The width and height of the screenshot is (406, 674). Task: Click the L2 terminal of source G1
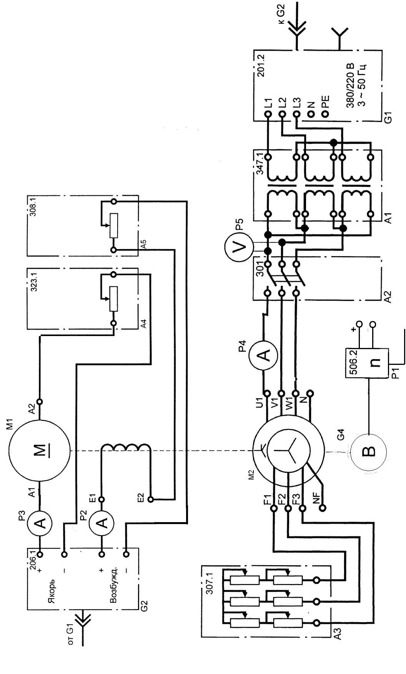coord(282,114)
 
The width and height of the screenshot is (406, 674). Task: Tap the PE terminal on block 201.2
coord(324,114)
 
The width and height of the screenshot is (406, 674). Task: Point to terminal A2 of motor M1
coord(39,402)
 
